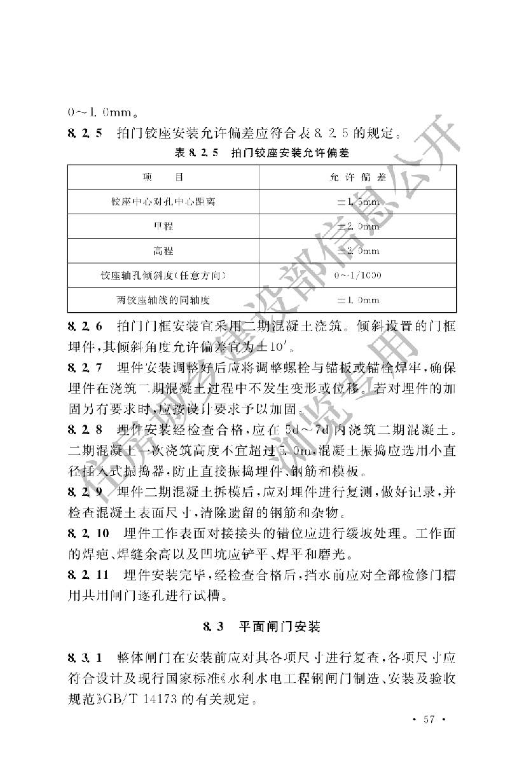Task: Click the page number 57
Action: (427, 719)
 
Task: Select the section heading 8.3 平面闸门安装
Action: (262, 627)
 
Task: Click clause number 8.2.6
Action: (84, 326)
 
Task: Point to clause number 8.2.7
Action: (84, 367)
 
